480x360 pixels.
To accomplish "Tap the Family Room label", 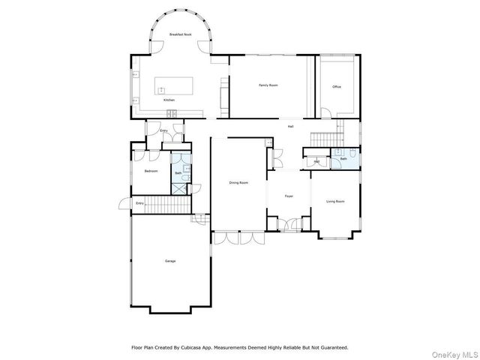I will [x=268, y=85].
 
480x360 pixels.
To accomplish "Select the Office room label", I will [x=337, y=87].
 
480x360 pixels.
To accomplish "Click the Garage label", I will [x=170, y=261].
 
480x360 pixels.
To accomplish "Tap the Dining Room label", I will [x=238, y=182].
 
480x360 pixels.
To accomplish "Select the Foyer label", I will [x=288, y=196].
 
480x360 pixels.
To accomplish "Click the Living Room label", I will [x=335, y=201].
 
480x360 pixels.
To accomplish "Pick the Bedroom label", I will [x=151, y=171].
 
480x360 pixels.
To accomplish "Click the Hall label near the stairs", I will [x=290, y=126].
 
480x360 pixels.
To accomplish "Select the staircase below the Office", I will [x=326, y=138].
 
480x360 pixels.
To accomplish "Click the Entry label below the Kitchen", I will [x=163, y=130].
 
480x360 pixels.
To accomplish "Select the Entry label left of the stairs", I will [x=139, y=203].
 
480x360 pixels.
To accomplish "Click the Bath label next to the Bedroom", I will [x=178, y=173].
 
